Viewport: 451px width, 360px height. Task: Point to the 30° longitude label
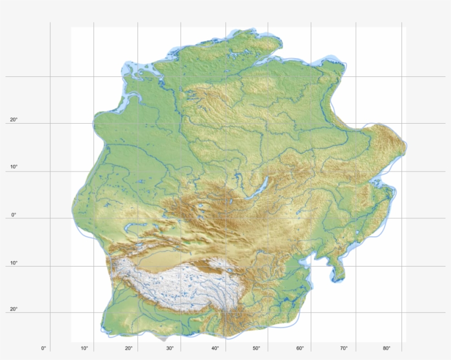[x=170, y=348]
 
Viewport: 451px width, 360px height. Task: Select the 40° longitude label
[x=215, y=348]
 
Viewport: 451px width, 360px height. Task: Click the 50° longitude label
[x=257, y=348]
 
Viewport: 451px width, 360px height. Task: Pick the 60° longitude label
[x=300, y=348]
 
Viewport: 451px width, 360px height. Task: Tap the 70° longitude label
[x=344, y=348]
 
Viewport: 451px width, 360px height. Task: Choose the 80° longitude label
[x=387, y=348]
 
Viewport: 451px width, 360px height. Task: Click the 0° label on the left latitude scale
[x=14, y=215]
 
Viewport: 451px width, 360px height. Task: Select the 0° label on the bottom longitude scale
[x=43, y=348]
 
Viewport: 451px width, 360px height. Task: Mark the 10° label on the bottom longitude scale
[x=85, y=348]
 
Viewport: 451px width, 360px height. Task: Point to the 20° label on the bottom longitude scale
[x=129, y=348]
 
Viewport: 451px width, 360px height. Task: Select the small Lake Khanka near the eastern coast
[x=358, y=234]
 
